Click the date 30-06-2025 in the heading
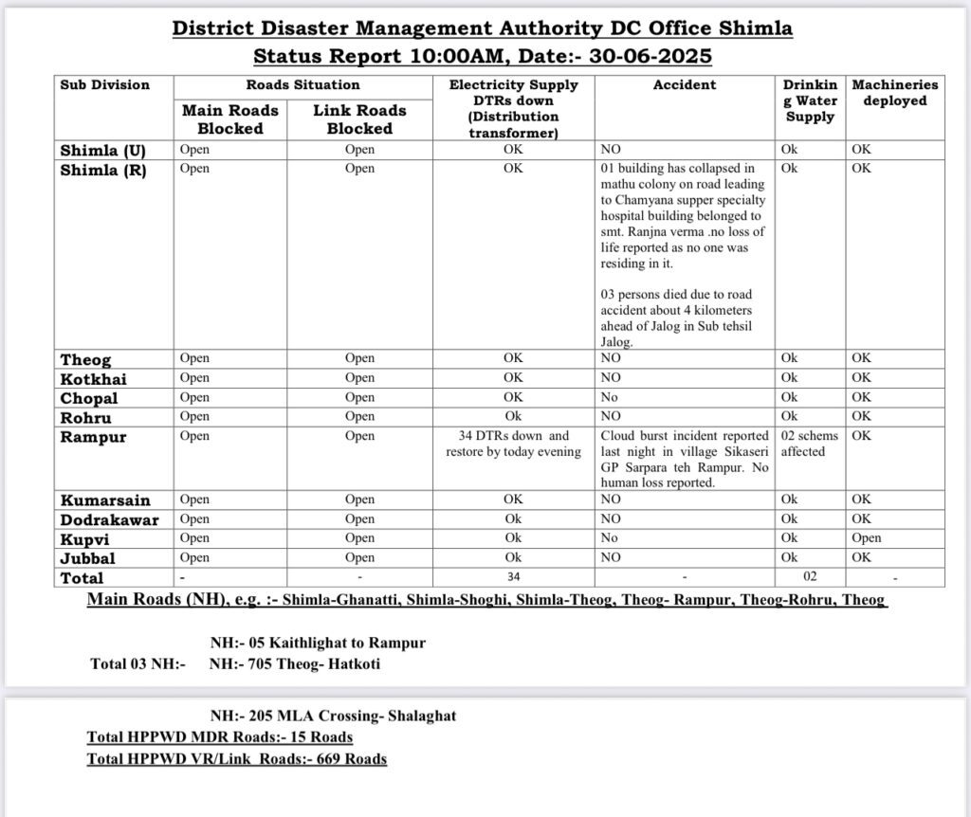pos(649,56)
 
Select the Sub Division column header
pos(104,85)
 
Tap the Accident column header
pos(684,85)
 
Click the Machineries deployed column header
pos(894,93)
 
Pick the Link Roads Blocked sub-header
pos(359,119)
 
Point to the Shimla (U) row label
pos(102,151)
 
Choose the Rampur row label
pos(93,438)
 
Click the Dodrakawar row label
pos(110,520)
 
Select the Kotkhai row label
pos(94,379)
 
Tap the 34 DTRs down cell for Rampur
pos(513,444)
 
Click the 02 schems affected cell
pos(803,444)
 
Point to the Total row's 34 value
pos(513,577)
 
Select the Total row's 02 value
pos(809,577)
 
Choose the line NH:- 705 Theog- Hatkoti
pos(295,664)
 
